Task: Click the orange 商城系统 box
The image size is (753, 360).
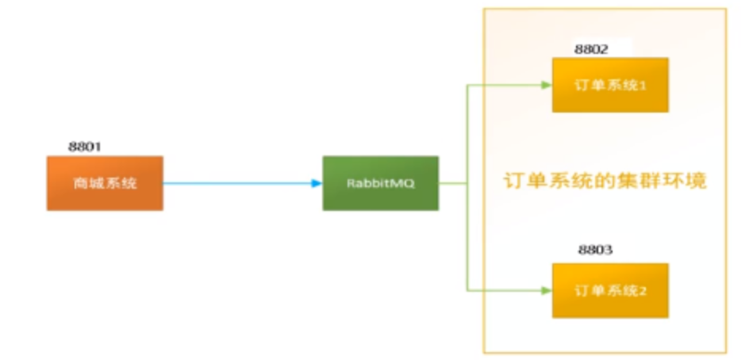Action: [105, 183]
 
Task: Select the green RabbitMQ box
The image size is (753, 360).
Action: [380, 183]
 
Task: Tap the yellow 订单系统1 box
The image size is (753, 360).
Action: [610, 85]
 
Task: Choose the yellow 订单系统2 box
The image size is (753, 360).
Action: [610, 290]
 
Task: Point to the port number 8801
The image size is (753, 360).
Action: [86, 147]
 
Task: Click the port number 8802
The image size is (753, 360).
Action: [591, 49]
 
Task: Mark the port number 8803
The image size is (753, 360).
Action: [595, 250]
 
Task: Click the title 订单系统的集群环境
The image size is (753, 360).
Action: [605, 181]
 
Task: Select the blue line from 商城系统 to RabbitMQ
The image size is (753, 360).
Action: [238, 183]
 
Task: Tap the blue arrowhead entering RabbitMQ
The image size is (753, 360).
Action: [317, 183]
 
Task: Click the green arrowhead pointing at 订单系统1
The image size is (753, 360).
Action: [546, 85]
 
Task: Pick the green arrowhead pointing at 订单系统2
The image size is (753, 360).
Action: [546, 290]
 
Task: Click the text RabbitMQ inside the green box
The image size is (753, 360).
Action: [380, 183]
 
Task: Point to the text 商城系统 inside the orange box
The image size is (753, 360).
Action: [105, 183]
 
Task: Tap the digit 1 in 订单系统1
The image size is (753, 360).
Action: [644, 85]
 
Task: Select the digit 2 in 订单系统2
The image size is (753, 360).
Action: [644, 290]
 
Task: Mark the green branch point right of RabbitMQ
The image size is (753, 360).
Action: [466, 183]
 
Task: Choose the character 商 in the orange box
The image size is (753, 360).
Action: [81, 183]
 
